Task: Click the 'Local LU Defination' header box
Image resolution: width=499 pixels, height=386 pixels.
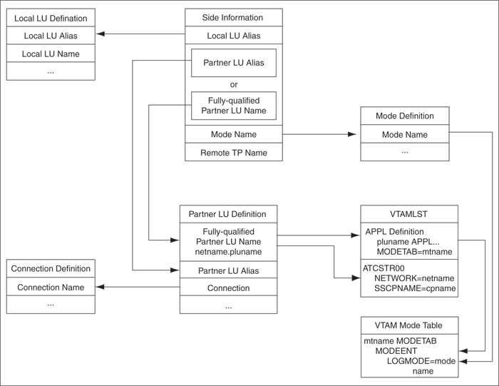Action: click(x=51, y=18)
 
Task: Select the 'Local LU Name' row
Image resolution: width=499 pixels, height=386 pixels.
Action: click(x=51, y=54)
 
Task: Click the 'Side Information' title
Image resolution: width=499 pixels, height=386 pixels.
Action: click(x=234, y=17)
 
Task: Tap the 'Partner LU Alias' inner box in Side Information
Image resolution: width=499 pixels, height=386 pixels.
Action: click(x=234, y=63)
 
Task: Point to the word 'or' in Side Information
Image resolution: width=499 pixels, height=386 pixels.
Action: click(x=234, y=84)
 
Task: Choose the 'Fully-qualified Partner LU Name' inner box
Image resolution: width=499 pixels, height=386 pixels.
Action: click(x=234, y=106)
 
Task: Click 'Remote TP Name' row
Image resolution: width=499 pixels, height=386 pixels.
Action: click(x=234, y=152)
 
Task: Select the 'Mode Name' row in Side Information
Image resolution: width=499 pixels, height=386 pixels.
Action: click(x=234, y=134)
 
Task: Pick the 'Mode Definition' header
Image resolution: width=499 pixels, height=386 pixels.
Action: click(x=404, y=116)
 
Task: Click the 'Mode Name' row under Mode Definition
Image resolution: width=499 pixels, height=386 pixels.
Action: click(x=404, y=134)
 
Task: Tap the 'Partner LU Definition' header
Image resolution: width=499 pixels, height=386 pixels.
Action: click(x=227, y=214)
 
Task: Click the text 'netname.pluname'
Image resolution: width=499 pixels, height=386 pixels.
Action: click(x=227, y=252)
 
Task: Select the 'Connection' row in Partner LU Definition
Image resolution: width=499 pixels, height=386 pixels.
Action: click(x=227, y=288)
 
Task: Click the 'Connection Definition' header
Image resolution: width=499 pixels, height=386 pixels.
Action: click(x=51, y=269)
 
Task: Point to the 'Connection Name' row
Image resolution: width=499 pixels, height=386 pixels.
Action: click(x=51, y=288)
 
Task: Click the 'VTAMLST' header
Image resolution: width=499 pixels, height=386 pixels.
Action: click(x=409, y=214)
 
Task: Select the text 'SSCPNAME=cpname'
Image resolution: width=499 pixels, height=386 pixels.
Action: click(x=415, y=289)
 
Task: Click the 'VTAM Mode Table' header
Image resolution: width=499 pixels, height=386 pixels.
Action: click(x=410, y=325)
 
